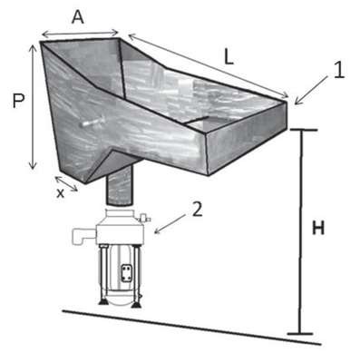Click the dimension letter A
78,17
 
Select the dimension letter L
229,57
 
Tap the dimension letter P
18,101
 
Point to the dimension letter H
318,228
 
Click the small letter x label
61,192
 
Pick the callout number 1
339,71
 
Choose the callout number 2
197,210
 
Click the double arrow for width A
80,33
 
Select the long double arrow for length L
209,66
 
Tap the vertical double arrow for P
33,107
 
